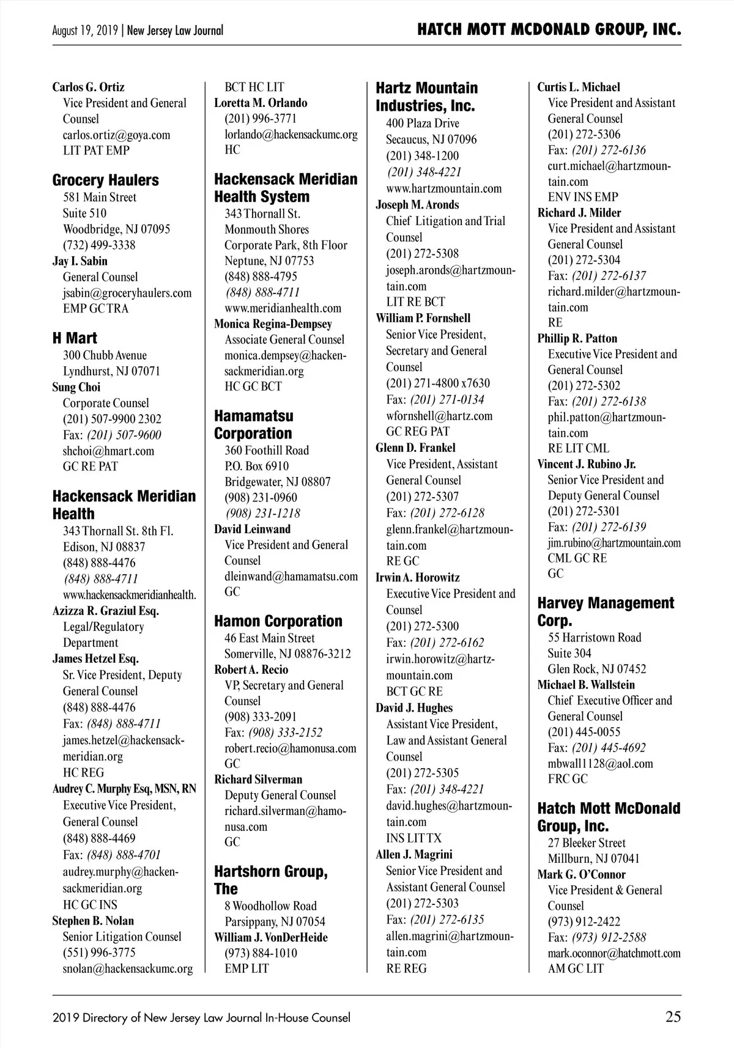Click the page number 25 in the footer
pos(673,1017)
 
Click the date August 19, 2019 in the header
pos(86,31)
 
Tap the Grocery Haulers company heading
pos(105,180)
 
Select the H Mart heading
pos(75,338)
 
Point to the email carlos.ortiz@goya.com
pos(116,135)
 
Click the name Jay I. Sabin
pos(80,261)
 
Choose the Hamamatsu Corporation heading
pos(253,424)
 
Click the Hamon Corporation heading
pos(278,621)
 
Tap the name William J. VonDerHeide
pos(271,937)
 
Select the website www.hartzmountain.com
pos(443,188)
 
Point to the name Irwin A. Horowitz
pos(417,578)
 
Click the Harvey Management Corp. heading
pos(606,611)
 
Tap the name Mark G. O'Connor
pos(581,874)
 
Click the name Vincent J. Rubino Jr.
pos(587,464)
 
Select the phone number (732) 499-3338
pos(99,245)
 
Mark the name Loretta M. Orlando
pos(261,103)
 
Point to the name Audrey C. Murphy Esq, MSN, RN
pos(124,789)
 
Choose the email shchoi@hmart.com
pos(108,451)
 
